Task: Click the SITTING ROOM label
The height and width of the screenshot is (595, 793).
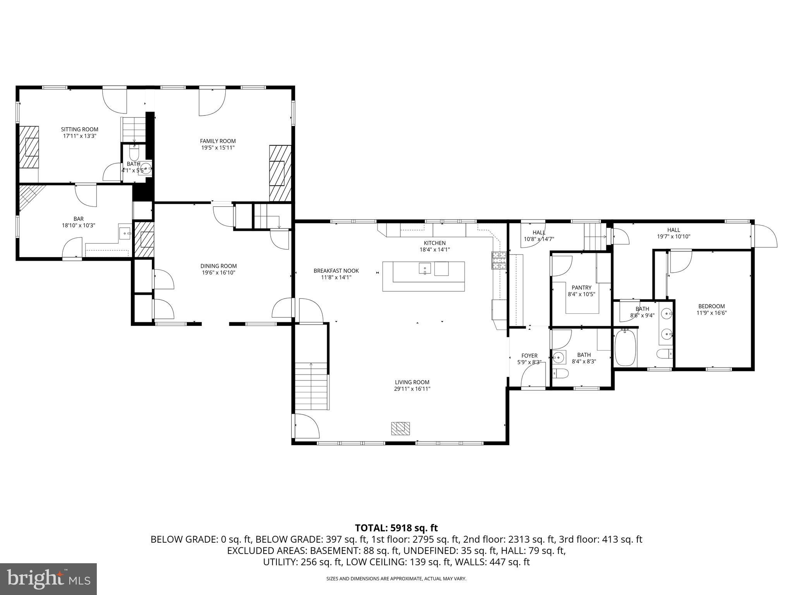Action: click(79, 129)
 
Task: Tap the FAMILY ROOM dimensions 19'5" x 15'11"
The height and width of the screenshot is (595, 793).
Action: click(218, 148)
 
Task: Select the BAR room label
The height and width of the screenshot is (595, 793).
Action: click(79, 219)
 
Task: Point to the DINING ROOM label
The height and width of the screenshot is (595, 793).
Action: click(218, 266)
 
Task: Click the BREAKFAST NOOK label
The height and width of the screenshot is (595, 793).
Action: click(336, 271)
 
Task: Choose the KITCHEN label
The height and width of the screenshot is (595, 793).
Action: click(434, 243)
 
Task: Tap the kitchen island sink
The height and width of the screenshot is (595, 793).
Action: click(425, 268)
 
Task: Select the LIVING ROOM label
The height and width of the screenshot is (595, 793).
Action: click(412, 382)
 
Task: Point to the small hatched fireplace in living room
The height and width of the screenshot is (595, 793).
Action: click(400, 428)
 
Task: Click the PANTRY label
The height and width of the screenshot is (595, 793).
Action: click(581, 287)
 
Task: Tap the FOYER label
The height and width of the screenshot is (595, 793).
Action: click(529, 356)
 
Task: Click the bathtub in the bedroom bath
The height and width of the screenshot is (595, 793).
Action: click(626, 347)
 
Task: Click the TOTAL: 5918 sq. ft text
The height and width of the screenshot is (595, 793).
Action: click(396, 528)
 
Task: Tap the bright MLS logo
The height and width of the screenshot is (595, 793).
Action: click(48, 579)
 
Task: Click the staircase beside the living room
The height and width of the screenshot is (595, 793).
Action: click(312, 386)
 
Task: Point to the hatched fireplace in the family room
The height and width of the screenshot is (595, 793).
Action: click(280, 173)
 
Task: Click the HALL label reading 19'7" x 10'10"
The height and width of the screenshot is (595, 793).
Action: click(673, 230)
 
